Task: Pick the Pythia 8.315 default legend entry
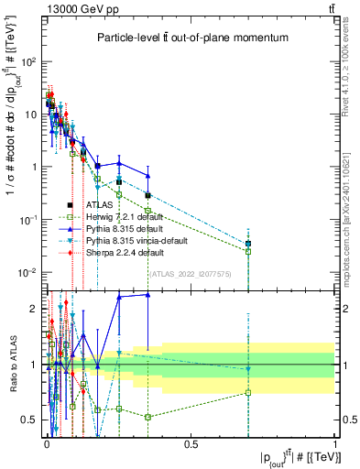(x=123, y=228)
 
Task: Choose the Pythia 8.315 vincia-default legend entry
(x=137, y=240)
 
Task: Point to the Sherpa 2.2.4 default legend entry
(x=124, y=252)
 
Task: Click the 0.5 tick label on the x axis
(x=191, y=444)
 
